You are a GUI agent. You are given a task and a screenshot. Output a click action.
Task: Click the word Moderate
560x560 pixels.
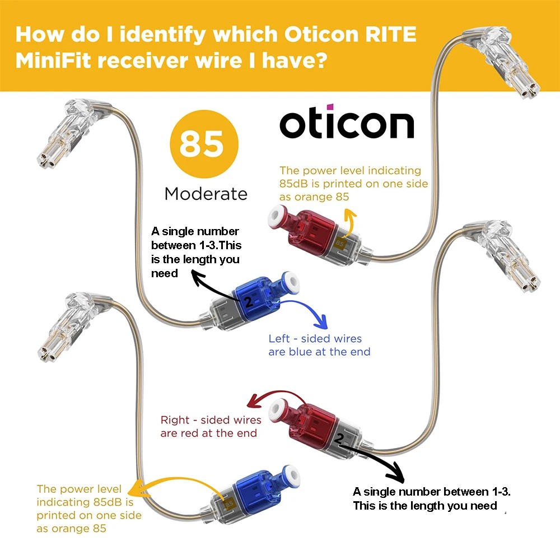pos(206,194)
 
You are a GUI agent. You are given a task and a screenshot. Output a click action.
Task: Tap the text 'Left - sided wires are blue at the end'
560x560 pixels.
pos(319,345)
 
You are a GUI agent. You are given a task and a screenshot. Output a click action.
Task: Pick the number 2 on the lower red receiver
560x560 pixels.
pos(339,438)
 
